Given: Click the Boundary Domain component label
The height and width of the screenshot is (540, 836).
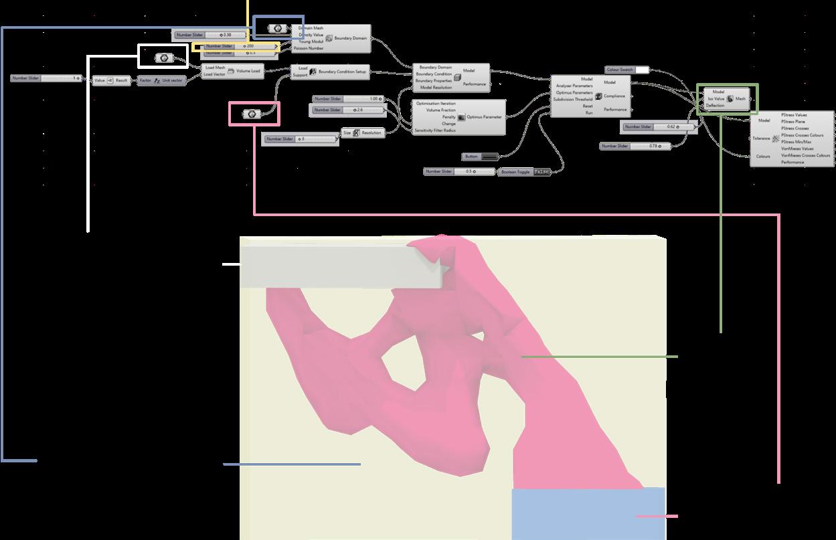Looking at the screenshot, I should coord(351,38).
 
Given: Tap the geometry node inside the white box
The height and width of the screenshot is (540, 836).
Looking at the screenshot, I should coord(163,58).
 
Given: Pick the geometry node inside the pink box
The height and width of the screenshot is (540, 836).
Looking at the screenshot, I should coord(252,114).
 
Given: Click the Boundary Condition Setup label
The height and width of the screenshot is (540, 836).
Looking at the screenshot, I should coord(342,72).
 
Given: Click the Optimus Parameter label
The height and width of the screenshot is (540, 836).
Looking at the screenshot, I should coord(484,116).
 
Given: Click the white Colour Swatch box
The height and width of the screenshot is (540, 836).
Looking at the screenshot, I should coord(641,70).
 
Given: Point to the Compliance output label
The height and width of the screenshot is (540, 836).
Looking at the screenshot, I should coord(614,96).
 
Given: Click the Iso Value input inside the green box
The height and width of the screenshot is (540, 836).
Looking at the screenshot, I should coord(716,98).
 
